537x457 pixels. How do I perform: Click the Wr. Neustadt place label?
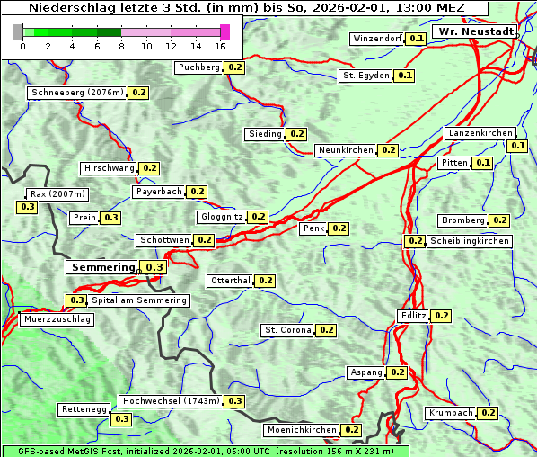(475, 31)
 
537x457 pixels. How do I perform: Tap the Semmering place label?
(102, 267)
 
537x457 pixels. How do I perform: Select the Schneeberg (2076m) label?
(76, 93)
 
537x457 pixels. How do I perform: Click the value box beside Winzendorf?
(416, 39)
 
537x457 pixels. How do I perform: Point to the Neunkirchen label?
(346, 150)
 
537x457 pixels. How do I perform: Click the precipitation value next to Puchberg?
(234, 67)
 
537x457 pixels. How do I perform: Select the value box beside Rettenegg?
(121, 419)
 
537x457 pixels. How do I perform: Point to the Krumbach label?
(450, 413)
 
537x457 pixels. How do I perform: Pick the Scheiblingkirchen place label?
(469, 241)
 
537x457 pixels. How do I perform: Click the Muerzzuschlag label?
(57, 319)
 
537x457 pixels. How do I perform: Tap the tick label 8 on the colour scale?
(121, 47)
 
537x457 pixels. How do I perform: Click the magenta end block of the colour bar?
(224, 31)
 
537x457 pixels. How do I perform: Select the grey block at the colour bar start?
(18, 31)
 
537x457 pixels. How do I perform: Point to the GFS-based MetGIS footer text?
(204, 451)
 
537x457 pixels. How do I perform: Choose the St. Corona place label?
(287, 330)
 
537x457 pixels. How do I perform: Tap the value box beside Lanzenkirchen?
(517, 146)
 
